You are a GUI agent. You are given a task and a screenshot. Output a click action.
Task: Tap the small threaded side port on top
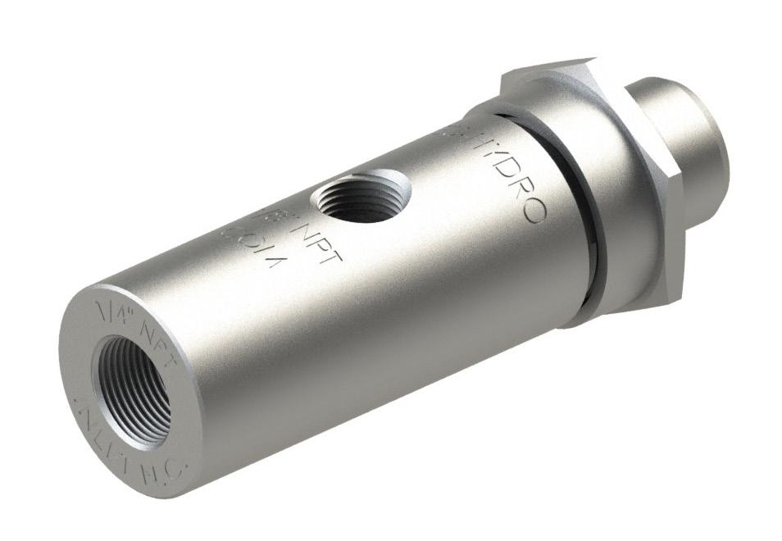[x=355, y=199]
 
